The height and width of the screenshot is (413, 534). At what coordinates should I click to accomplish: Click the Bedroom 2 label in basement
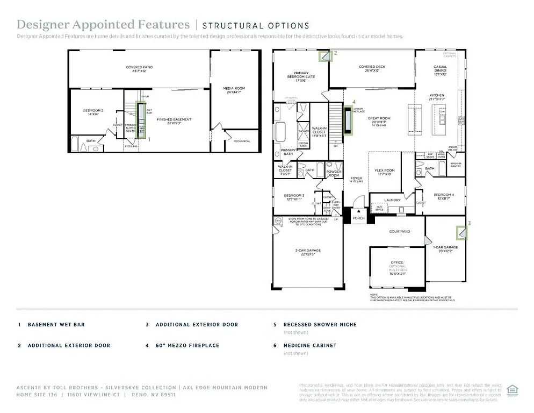93,112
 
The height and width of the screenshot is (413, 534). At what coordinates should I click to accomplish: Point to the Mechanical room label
242,141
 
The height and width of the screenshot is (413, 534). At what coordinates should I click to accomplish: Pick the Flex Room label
385,172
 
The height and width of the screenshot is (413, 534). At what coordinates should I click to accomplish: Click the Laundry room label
392,200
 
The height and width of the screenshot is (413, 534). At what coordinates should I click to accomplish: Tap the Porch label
358,218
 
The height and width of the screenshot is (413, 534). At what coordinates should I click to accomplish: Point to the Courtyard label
399,231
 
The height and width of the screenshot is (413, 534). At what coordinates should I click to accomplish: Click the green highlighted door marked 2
326,56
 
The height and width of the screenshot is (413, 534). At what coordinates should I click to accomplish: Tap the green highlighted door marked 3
461,232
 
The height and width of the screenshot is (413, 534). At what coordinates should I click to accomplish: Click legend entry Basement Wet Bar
56,325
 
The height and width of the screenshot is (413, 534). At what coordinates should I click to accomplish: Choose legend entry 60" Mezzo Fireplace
187,345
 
